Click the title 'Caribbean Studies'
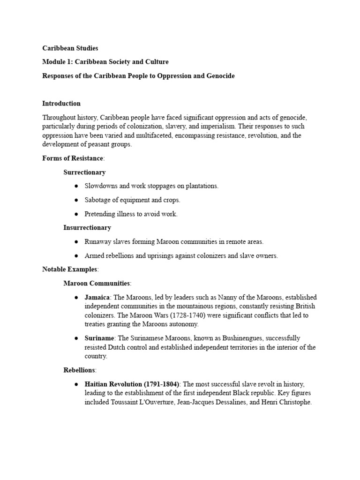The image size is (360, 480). pos(70,48)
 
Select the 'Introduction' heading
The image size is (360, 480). pos(61,104)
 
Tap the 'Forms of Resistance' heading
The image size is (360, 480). pos(73,158)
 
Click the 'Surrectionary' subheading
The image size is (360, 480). pos(84,172)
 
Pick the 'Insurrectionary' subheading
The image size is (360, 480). pos(87,228)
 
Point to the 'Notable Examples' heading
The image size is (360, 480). pos(70,270)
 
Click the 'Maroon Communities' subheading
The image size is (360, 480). pos(97,284)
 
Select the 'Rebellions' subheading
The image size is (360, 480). pos(79,370)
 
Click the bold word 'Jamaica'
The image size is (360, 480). pos(97,298)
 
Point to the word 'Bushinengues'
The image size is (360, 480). pos(232,338)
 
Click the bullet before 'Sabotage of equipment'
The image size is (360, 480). pos(76,200)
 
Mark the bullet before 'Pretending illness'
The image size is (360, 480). pos(76,214)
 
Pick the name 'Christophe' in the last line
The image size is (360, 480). pos(294,402)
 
